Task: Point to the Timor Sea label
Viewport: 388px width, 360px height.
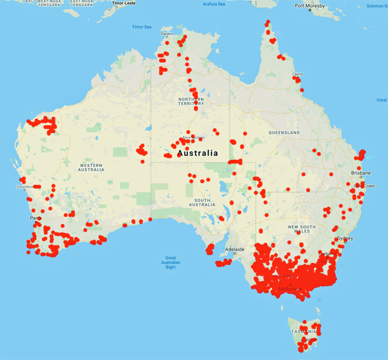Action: tap(142, 27)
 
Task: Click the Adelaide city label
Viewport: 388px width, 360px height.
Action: tap(233, 249)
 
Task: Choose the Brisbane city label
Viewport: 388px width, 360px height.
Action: tap(360, 174)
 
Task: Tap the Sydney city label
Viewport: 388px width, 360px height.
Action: tap(345, 238)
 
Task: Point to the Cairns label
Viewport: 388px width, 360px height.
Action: tap(297, 74)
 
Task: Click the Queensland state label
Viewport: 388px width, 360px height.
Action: tap(285, 132)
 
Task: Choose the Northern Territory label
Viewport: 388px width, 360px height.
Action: tap(191, 102)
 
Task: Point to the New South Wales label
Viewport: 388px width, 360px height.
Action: tap(310, 231)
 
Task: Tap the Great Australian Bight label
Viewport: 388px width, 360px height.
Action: tap(171, 262)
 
